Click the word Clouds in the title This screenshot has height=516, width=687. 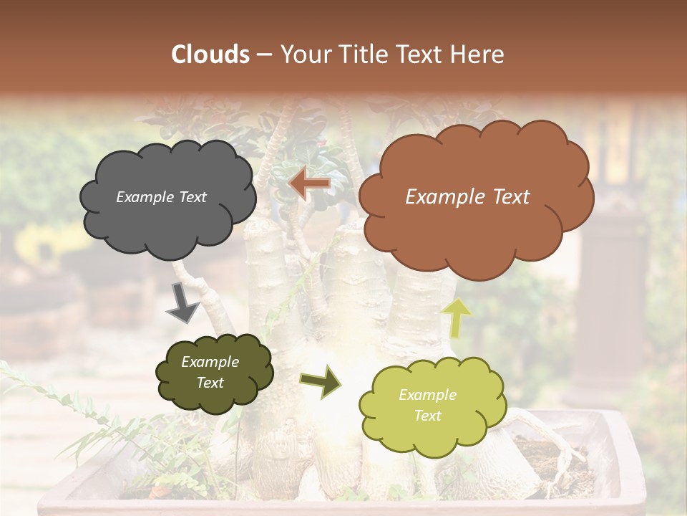point(210,54)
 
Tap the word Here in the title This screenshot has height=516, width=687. point(479,54)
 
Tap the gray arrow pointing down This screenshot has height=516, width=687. point(183,303)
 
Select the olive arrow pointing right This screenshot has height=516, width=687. point(320,382)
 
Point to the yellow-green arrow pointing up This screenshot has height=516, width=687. point(457,317)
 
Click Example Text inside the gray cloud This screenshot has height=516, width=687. point(161,197)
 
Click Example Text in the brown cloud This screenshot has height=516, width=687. point(467,197)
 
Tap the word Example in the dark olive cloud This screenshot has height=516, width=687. point(210,362)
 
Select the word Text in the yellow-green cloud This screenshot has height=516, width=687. point(428,416)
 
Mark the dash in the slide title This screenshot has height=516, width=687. point(263,54)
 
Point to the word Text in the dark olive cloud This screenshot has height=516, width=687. point(210,383)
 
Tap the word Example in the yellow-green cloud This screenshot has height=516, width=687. point(427,395)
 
